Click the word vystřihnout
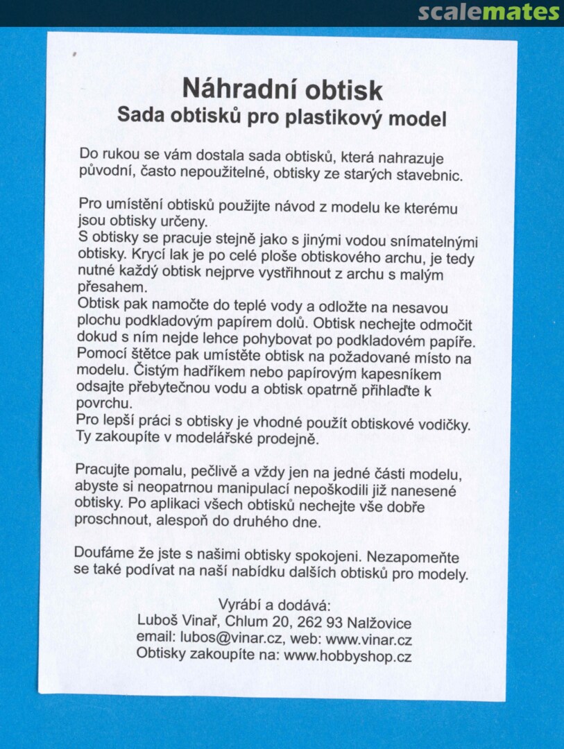coord(336,272)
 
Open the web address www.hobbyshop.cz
coord(348,655)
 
